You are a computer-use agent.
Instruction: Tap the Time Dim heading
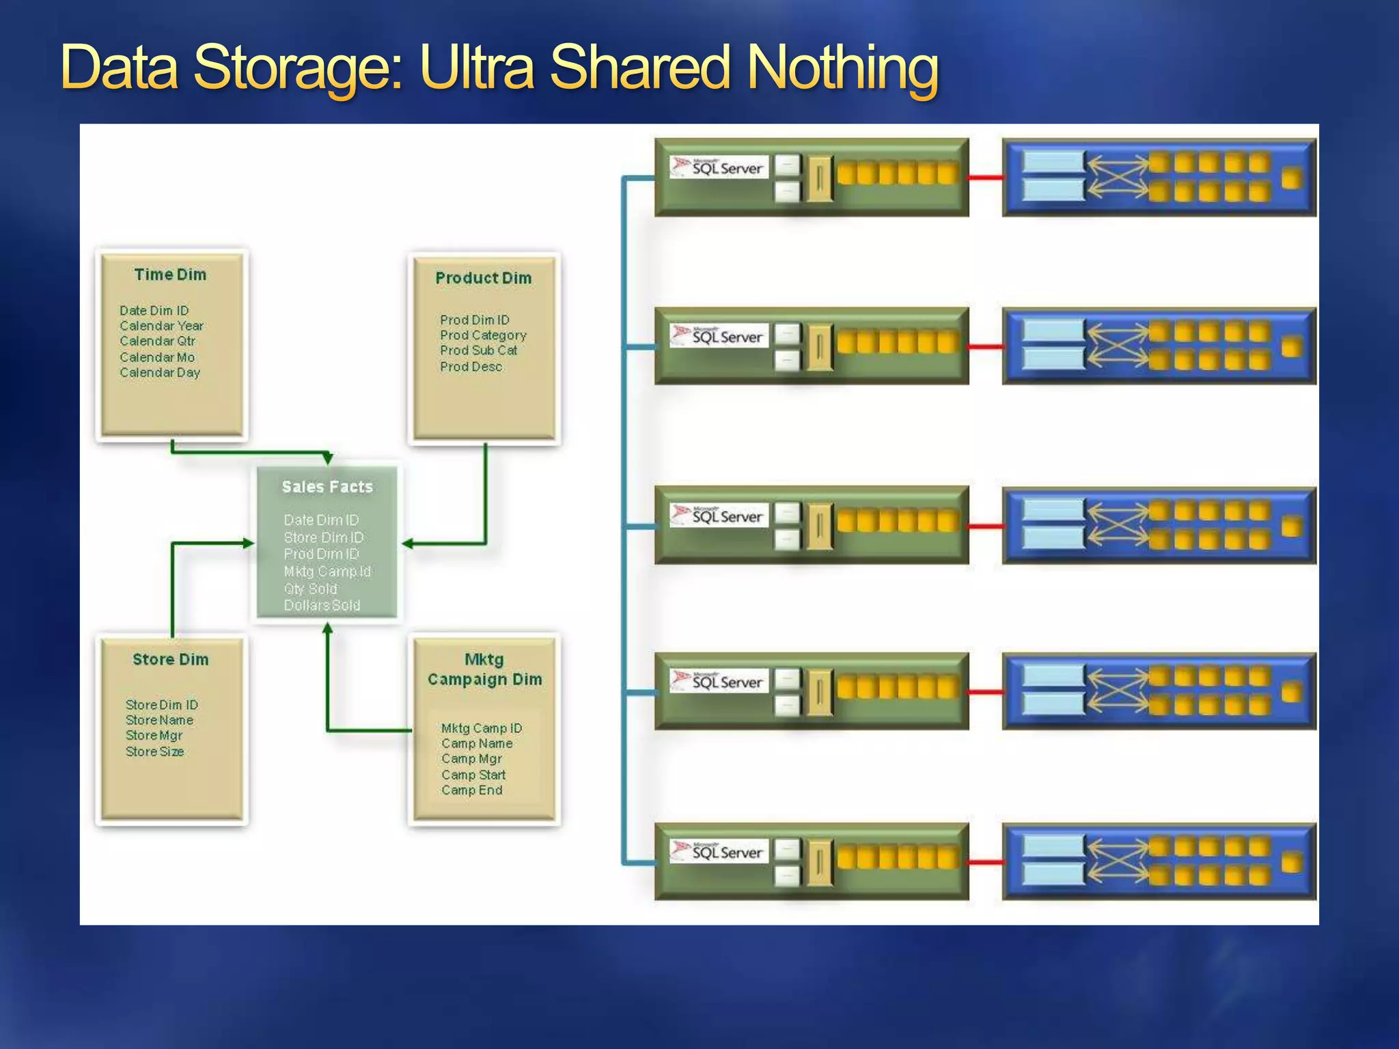tap(170, 275)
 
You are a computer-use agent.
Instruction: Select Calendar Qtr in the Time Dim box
tap(157, 341)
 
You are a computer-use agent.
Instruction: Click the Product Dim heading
tap(483, 278)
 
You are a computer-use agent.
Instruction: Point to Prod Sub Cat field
tap(478, 350)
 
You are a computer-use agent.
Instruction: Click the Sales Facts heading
tap(327, 487)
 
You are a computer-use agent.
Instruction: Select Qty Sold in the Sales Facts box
tap(310, 588)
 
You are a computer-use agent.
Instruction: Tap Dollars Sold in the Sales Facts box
tap(322, 605)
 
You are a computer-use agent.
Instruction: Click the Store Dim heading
tap(170, 659)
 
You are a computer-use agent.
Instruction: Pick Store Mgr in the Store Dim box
tap(154, 736)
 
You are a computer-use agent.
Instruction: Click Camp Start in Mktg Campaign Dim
tap(473, 774)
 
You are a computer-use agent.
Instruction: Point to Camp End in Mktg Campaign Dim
tap(471, 790)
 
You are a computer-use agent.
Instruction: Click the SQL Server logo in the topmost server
tap(719, 167)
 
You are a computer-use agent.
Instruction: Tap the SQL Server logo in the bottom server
tap(719, 852)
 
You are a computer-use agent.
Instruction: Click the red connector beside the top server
tap(985, 178)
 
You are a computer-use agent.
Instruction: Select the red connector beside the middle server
tap(985, 526)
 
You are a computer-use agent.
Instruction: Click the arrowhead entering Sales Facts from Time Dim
tap(328, 458)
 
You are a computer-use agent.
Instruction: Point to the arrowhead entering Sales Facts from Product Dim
tap(408, 544)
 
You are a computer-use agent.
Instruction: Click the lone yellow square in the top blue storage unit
tap(1291, 178)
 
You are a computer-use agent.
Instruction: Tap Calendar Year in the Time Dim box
tap(161, 326)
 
